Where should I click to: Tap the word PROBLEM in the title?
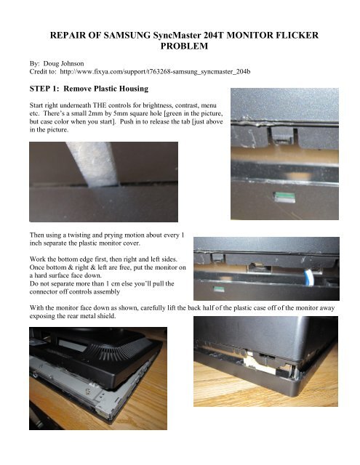coord(184,46)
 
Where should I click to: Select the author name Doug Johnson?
coord(63,63)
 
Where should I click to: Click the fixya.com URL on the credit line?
coord(155,72)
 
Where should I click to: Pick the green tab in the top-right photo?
coord(284,195)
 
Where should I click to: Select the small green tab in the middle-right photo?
coord(219,289)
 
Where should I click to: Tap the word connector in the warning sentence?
coord(42,292)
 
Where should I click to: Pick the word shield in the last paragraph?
coord(107,316)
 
